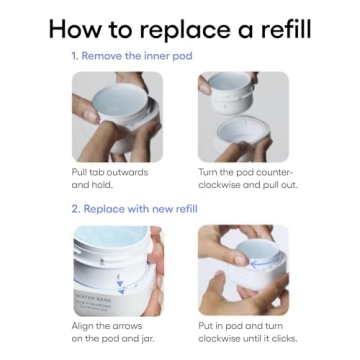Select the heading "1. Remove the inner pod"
coord(132,56)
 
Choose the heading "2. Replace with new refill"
coord(134,209)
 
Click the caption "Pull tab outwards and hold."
coord(110,179)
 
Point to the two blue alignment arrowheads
coord(120,288)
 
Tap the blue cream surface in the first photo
coord(120,99)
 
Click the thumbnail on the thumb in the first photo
coord(89,116)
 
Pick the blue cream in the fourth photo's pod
coord(257,250)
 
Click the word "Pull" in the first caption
coord(80,173)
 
